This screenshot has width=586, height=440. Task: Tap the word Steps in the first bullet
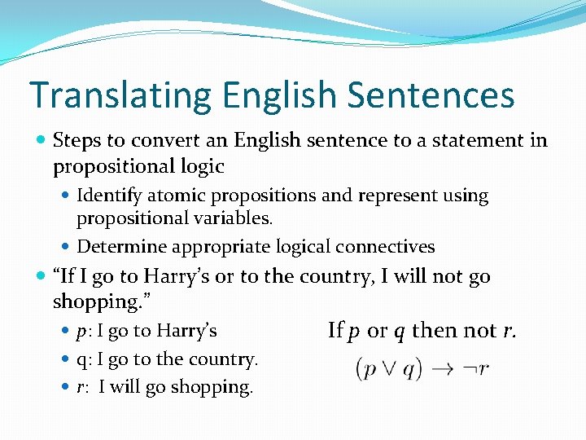[76, 140]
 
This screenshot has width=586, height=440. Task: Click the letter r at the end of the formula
[483, 369]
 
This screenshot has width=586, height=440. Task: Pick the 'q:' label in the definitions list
[85, 359]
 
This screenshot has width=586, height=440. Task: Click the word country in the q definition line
[225, 359]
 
